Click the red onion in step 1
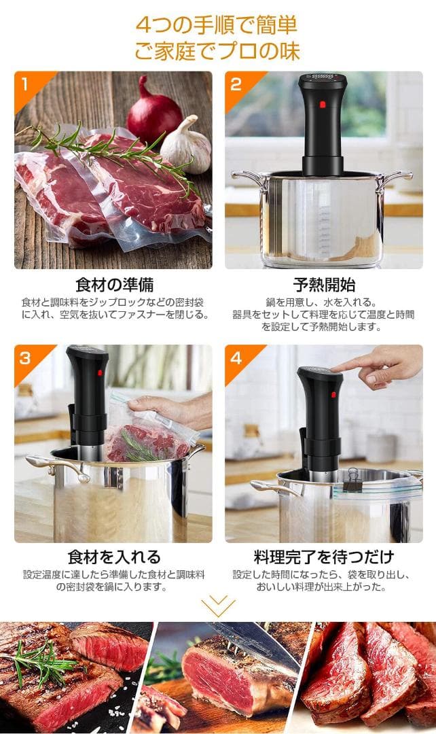[x=153, y=112]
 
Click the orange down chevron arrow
[x=218, y=604]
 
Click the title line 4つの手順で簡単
[x=217, y=26]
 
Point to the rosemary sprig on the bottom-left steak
[x=41, y=659]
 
